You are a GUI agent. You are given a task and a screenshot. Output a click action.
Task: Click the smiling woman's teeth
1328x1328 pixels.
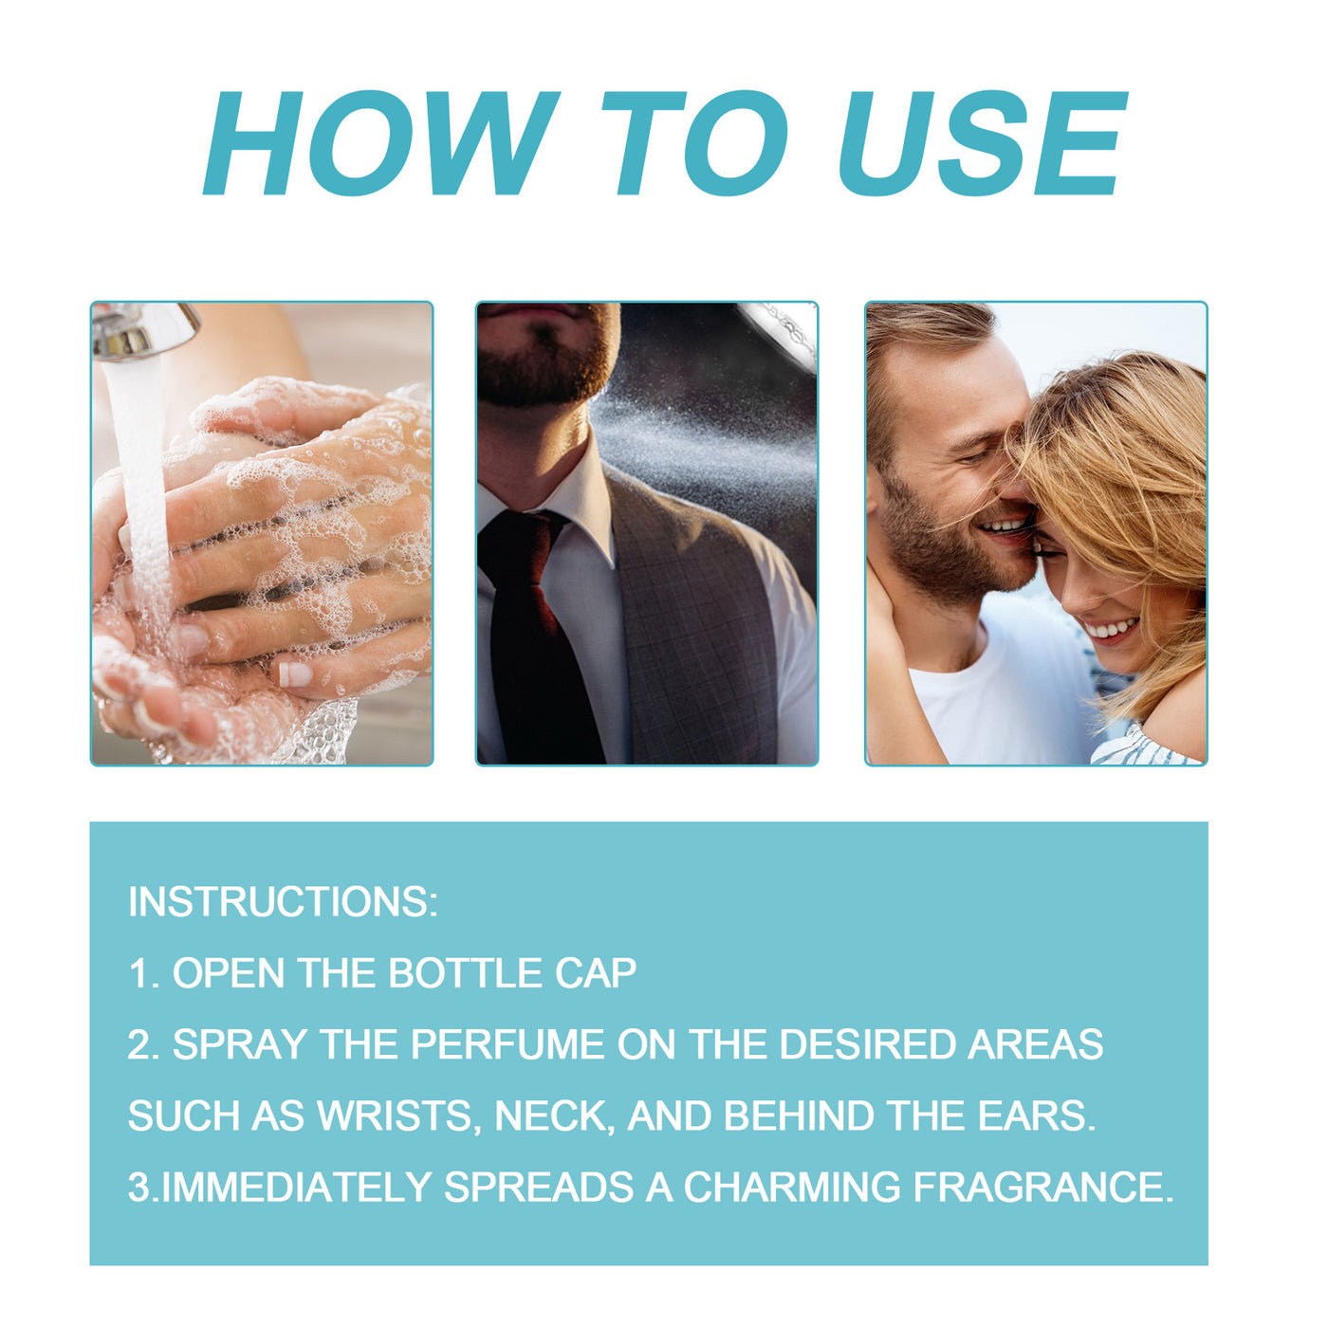(1112, 628)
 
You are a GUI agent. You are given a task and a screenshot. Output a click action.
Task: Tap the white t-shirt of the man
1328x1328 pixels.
(1005, 702)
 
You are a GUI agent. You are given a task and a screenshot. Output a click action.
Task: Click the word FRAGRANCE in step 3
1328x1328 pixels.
(1042, 1188)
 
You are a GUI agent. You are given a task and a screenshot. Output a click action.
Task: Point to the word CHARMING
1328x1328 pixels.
(792, 1188)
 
